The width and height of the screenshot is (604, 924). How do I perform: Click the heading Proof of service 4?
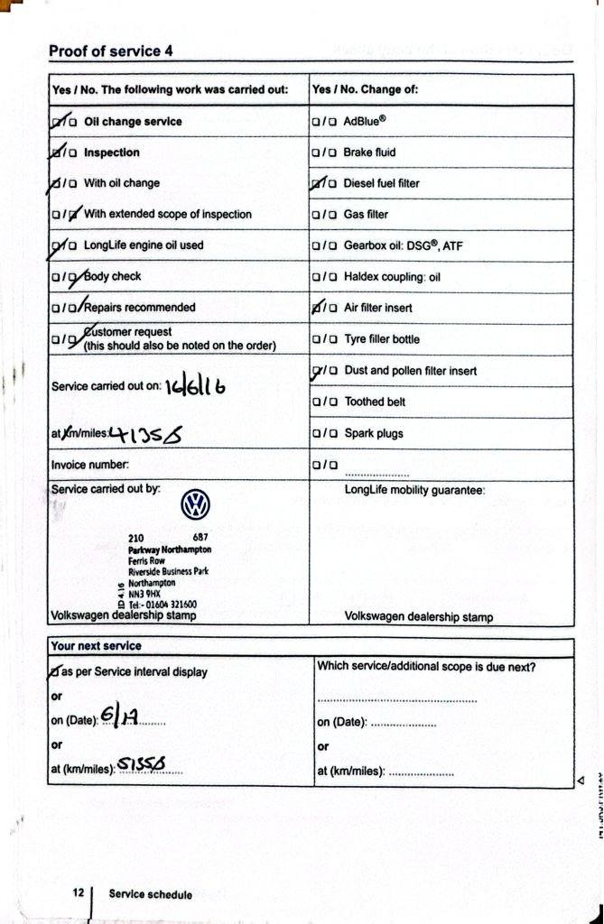(111, 51)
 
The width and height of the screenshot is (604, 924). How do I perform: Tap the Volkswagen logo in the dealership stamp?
(194, 505)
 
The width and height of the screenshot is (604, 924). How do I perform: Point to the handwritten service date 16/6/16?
(195, 386)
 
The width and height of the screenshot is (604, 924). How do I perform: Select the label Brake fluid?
(369, 152)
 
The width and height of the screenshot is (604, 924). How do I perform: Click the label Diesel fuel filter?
(381, 183)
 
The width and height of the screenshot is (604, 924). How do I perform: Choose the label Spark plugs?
(373, 433)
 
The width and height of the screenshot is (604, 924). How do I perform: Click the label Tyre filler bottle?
(381, 339)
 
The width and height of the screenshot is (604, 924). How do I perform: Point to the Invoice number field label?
(90, 465)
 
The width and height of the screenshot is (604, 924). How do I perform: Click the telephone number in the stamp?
(163, 605)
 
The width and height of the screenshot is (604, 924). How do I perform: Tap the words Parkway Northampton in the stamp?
(170, 549)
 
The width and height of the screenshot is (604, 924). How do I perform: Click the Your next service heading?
(97, 646)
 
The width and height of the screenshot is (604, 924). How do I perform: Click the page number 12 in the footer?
(79, 893)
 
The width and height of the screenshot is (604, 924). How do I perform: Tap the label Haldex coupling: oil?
(392, 277)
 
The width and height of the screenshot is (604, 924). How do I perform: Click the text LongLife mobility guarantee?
(415, 491)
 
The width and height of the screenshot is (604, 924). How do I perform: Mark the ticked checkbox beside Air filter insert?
(317, 308)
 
